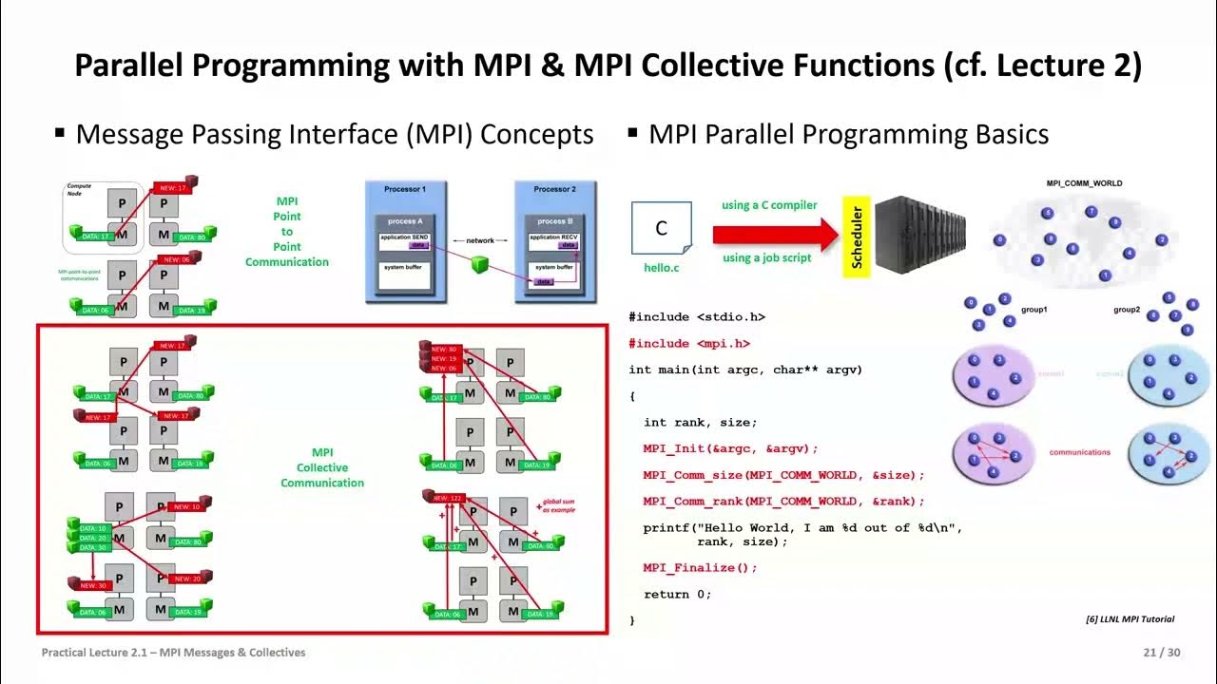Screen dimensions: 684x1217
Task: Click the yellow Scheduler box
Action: coord(857,237)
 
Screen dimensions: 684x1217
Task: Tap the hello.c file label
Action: coord(662,268)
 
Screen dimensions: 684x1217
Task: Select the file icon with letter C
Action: coord(661,229)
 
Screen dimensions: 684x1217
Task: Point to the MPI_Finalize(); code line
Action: coord(700,568)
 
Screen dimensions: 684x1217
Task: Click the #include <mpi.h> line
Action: coord(689,344)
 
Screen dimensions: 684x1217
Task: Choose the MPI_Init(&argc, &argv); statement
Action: coord(730,448)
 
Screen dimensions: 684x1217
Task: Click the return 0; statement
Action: coord(677,595)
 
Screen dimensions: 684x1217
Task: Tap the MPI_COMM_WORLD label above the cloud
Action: coord(1084,183)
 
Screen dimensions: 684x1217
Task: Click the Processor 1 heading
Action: coord(405,190)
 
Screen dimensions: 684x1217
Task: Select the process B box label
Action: coord(555,220)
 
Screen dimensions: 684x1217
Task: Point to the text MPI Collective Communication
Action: coord(322,467)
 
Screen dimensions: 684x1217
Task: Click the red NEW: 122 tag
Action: coord(446,498)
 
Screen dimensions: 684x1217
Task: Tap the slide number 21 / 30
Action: coord(1161,653)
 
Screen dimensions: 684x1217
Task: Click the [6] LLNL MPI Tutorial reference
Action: coord(1130,619)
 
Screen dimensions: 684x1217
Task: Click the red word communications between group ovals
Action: coord(1079,452)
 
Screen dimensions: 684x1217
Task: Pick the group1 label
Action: coord(1032,310)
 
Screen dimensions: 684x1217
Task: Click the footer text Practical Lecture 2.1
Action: coord(173,653)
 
